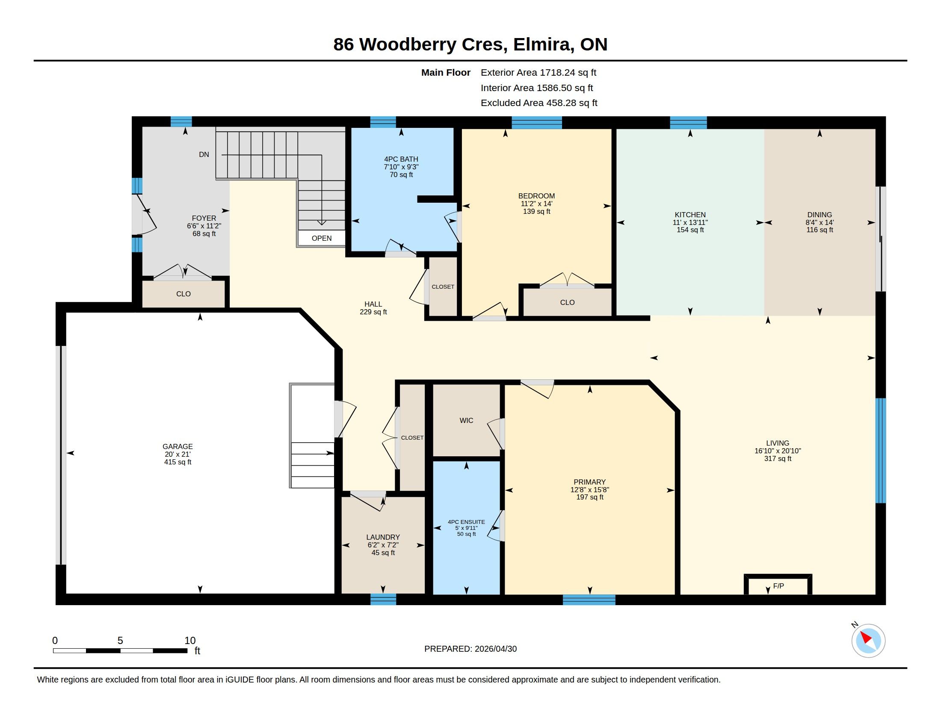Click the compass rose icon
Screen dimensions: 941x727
point(868,641)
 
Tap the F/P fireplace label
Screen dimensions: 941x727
point(778,586)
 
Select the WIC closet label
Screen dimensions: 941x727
point(466,420)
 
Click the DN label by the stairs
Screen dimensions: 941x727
point(204,154)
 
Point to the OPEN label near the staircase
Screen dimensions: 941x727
point(321,238)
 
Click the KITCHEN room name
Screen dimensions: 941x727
point(690,215)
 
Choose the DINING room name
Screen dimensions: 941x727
point(820,215)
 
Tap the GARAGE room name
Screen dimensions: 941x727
point(178,446)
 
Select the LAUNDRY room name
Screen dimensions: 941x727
point(383,537)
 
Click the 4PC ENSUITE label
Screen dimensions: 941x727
point(466,522)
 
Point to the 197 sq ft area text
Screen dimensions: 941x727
point(590,497)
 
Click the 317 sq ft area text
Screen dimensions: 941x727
point(778,459)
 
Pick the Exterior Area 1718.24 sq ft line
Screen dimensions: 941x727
point(539,72)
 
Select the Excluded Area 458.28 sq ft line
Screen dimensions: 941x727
point(539,103)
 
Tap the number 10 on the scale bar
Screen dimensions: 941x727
point(190,641)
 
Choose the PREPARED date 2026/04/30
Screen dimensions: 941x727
point(470,649)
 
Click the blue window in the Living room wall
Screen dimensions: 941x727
point(881,450)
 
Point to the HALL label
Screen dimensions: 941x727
point(373,304)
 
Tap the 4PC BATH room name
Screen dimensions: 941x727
point(401,159)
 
